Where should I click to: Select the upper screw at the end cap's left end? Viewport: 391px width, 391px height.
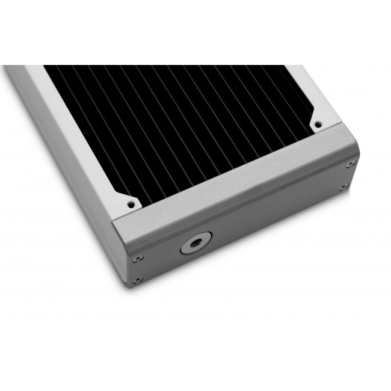point(138,257)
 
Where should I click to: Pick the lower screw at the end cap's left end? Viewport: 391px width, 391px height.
point(138,279)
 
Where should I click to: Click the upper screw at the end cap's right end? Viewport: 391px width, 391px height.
point(350,164)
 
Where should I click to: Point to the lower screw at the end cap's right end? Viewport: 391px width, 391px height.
point(343,187)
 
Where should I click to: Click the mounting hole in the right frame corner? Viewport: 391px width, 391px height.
point(316,124)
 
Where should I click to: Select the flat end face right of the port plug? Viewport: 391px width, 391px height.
point(271,217)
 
